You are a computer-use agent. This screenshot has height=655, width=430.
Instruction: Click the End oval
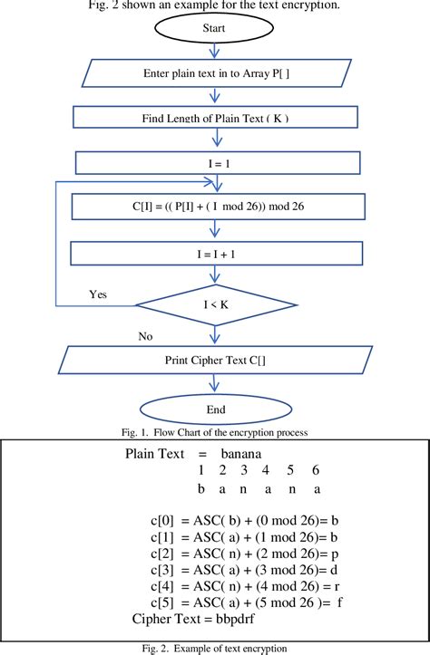point(216,409)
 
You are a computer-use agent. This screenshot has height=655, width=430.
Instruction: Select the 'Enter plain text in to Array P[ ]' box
point(216,73)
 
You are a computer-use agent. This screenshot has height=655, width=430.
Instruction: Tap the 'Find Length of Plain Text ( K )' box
point(215,119)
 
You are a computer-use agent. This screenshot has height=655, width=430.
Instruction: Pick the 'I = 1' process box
point(215,162)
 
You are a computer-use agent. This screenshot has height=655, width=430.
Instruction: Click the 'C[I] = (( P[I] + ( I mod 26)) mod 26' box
point(215,207)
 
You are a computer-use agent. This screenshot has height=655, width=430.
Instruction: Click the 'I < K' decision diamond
point(216,306)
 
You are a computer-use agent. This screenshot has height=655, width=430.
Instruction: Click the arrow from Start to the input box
point(215,51)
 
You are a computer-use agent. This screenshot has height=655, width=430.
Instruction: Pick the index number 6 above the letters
point(315,470)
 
